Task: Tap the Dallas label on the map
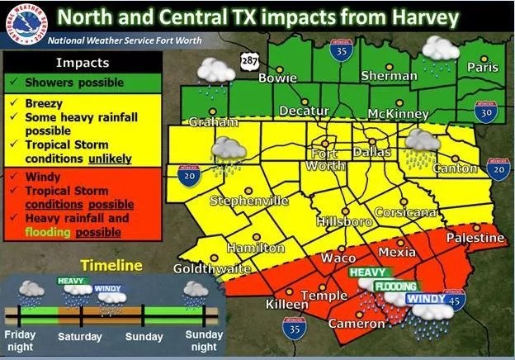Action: pyautogui.click(x=371, y=152)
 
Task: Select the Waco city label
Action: pyautogui.click(x=338, y=258)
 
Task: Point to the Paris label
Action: pyautogui.click(x=483, y=67)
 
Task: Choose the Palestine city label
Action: pyautogui.click(x=475, y=238)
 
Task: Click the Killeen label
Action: pyautogui.click(x=286, y=305)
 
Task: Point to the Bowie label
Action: pyautogui.click(x=278, y=78)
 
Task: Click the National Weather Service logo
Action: pyautogui.click(x=23, y=23)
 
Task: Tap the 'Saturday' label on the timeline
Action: pyautogui.click(x=80, y=337)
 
